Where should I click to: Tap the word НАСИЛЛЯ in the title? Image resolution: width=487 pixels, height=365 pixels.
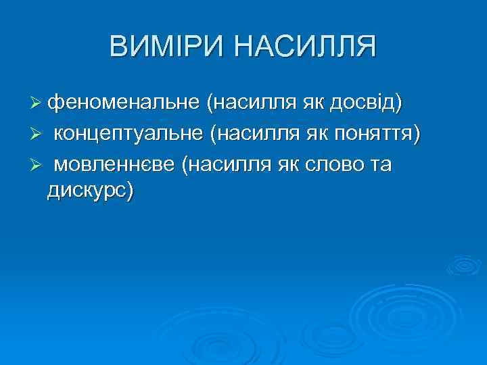coord(306,47)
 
